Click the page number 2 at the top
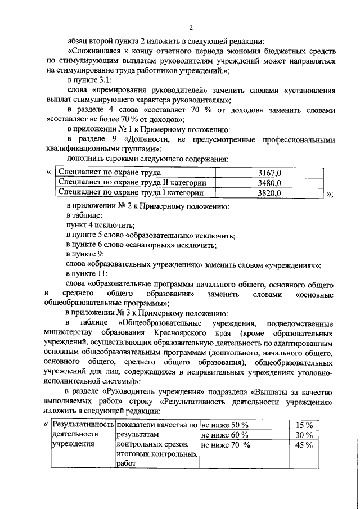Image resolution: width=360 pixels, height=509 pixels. point(191,28)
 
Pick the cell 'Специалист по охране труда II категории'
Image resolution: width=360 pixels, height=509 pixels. point(133,183)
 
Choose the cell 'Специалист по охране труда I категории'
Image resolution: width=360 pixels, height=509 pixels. point(131,193)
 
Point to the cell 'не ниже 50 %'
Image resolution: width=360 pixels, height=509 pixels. point(224,425)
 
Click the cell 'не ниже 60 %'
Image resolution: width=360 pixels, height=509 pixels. point(224,435)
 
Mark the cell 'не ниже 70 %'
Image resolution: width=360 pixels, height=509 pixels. point(224,445)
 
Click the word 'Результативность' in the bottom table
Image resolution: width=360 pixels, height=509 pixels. point(83,425)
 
